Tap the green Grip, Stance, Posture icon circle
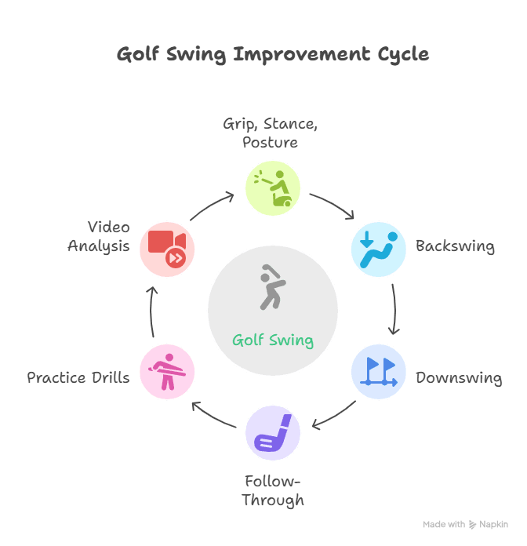point(273,188)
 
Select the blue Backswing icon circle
point(378,249)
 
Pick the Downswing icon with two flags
point(378,371)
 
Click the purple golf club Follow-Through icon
point(273,432)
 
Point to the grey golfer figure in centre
point(271,287)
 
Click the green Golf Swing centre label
point(273,340)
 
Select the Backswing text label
point(455,246)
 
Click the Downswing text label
point(459,378)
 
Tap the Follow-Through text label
point(273,490)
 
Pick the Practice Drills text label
point(78,378)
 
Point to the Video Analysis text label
point(99,236)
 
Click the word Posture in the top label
point(270,143)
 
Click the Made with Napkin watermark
point(465,524)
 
